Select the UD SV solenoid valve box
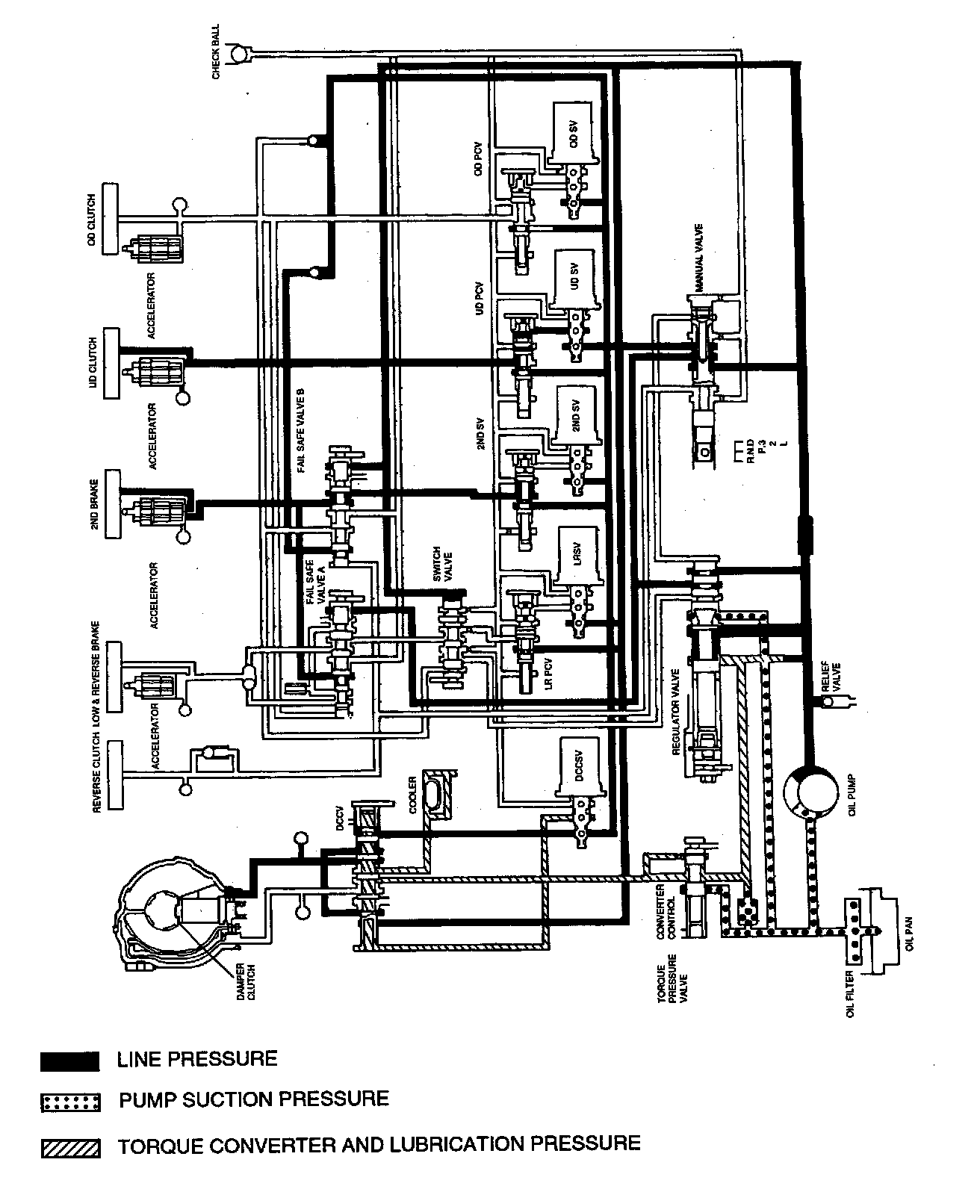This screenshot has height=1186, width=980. pos(574,278)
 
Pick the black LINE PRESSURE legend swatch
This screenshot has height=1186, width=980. pos(69,1061)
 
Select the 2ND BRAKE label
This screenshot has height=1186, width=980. pos(96,504)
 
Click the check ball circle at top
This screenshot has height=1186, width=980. pos(239,52)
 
